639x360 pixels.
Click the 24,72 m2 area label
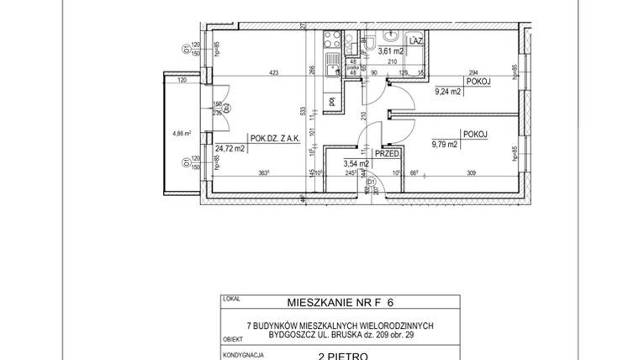click(x=229, y=149)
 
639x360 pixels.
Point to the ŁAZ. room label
click(x=415, y=40)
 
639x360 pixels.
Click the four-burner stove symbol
click(x=333, y=39)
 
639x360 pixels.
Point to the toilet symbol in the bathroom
click(x=370, y=45)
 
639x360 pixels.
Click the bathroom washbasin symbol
click(x=391, y=36)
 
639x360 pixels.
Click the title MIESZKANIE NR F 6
click(x=319, y=302)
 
